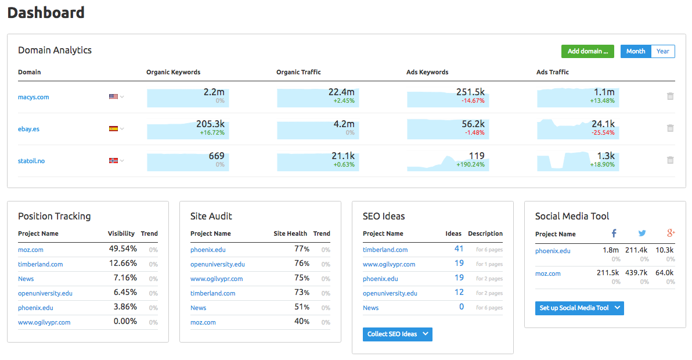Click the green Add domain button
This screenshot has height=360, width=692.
point(588,51)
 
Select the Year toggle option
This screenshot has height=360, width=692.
point(663,51)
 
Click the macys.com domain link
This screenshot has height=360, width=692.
point(34,97)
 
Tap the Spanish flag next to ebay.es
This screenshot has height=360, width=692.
point(113,129)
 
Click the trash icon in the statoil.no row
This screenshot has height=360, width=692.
point(670,160)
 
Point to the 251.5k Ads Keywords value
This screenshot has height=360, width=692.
point(470,92)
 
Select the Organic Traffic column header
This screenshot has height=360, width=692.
point(298,72)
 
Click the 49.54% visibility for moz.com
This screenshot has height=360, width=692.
point(122,249)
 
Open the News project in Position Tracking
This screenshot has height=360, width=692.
point(26,279)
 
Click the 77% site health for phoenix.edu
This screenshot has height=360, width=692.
point(301,249)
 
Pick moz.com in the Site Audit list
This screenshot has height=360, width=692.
point(203,322)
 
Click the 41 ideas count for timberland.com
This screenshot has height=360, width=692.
point(459,249)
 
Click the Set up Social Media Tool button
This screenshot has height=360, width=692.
point(579,308)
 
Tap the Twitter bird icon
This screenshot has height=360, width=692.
point(642,233)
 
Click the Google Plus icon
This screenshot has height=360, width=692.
point(671,233)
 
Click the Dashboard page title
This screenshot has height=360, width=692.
point(46,12)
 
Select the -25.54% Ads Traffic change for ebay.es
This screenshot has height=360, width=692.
point(603,132)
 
